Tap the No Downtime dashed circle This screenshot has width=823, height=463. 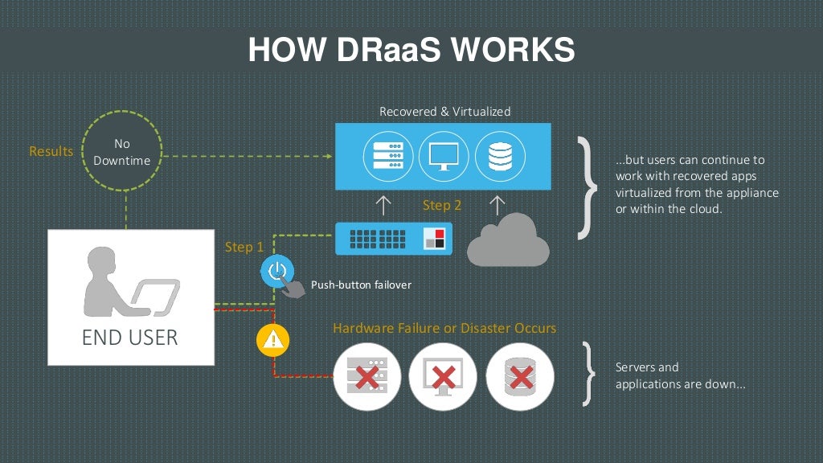[x=122, y=152]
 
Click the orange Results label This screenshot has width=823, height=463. [x=51, y=151]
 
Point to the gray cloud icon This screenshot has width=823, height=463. [x=509, y=240]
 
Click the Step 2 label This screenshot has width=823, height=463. [x=442, y=205]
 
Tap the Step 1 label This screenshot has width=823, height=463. [x=244, y=247]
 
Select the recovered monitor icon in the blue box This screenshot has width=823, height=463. [x=443, y=156]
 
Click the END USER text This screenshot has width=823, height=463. [x=129, y=337]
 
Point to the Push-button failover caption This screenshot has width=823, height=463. [x=361, y=285]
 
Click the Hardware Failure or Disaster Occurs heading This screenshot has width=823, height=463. [x=444, y=328]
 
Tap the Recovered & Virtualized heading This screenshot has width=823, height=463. [x=444, y=112]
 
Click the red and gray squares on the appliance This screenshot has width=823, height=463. [x=434, y=237]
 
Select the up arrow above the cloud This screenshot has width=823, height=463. [x=498, y=205]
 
